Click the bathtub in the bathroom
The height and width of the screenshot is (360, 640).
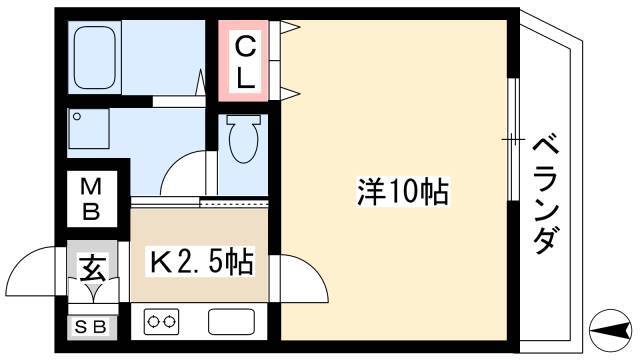click(95, 58)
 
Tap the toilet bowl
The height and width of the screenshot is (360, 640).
click(244, 139)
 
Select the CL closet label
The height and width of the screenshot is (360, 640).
click(245, 62)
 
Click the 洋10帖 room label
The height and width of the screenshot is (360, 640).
click(403, 192)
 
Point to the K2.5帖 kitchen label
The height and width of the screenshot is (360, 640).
click(202, 262)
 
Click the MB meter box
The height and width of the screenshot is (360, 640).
click(91, 200)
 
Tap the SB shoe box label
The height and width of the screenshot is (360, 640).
click(91, 327)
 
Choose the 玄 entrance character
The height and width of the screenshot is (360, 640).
click(93, 269)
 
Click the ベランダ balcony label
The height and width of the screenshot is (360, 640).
click(546, 196)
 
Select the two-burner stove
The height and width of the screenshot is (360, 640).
click(161, 322)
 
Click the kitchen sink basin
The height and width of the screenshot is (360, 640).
click(231, 322)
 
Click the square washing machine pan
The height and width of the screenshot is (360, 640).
click(89, 128)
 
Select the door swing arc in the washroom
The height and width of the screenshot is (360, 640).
click(176, 164)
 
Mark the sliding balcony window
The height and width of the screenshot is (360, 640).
click(513, 140)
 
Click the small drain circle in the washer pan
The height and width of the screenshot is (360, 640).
click(77, 117)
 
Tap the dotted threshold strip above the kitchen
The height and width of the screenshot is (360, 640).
click(234, 202)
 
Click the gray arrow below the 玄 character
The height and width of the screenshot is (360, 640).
click(94, 291)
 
